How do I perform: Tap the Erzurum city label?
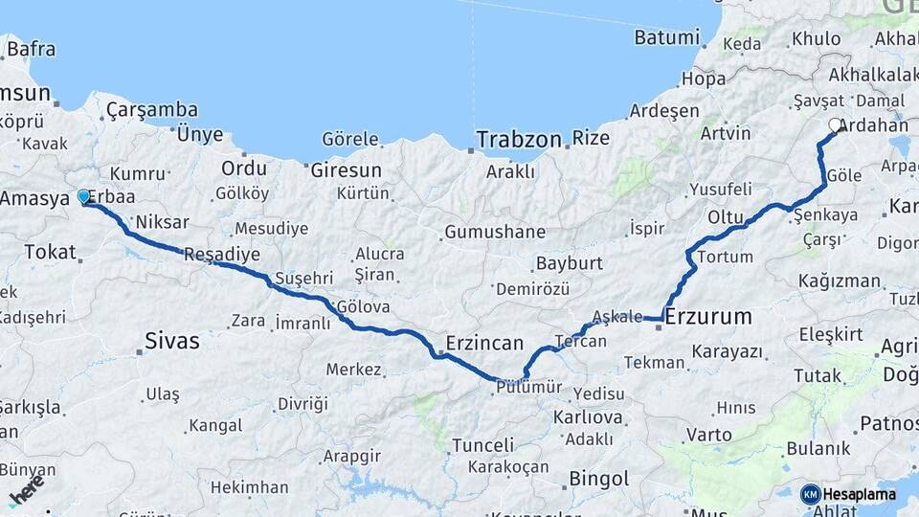point(707,316)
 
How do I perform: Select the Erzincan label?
point(484,343)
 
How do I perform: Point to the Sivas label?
point(172,340)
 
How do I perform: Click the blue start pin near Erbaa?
point(83,197)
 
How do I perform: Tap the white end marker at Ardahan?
point(836,124)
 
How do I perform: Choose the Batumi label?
point(666,38)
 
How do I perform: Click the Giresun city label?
point(346,170)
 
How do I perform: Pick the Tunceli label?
point(482,445)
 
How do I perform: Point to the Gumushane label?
point(494,232)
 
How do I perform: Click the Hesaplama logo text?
point(859,495)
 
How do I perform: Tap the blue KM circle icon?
point(811,495)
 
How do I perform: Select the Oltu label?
point(725,217)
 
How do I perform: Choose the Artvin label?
point(725,132)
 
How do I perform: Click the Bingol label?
point(598,478)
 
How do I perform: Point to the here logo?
point(27,490)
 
